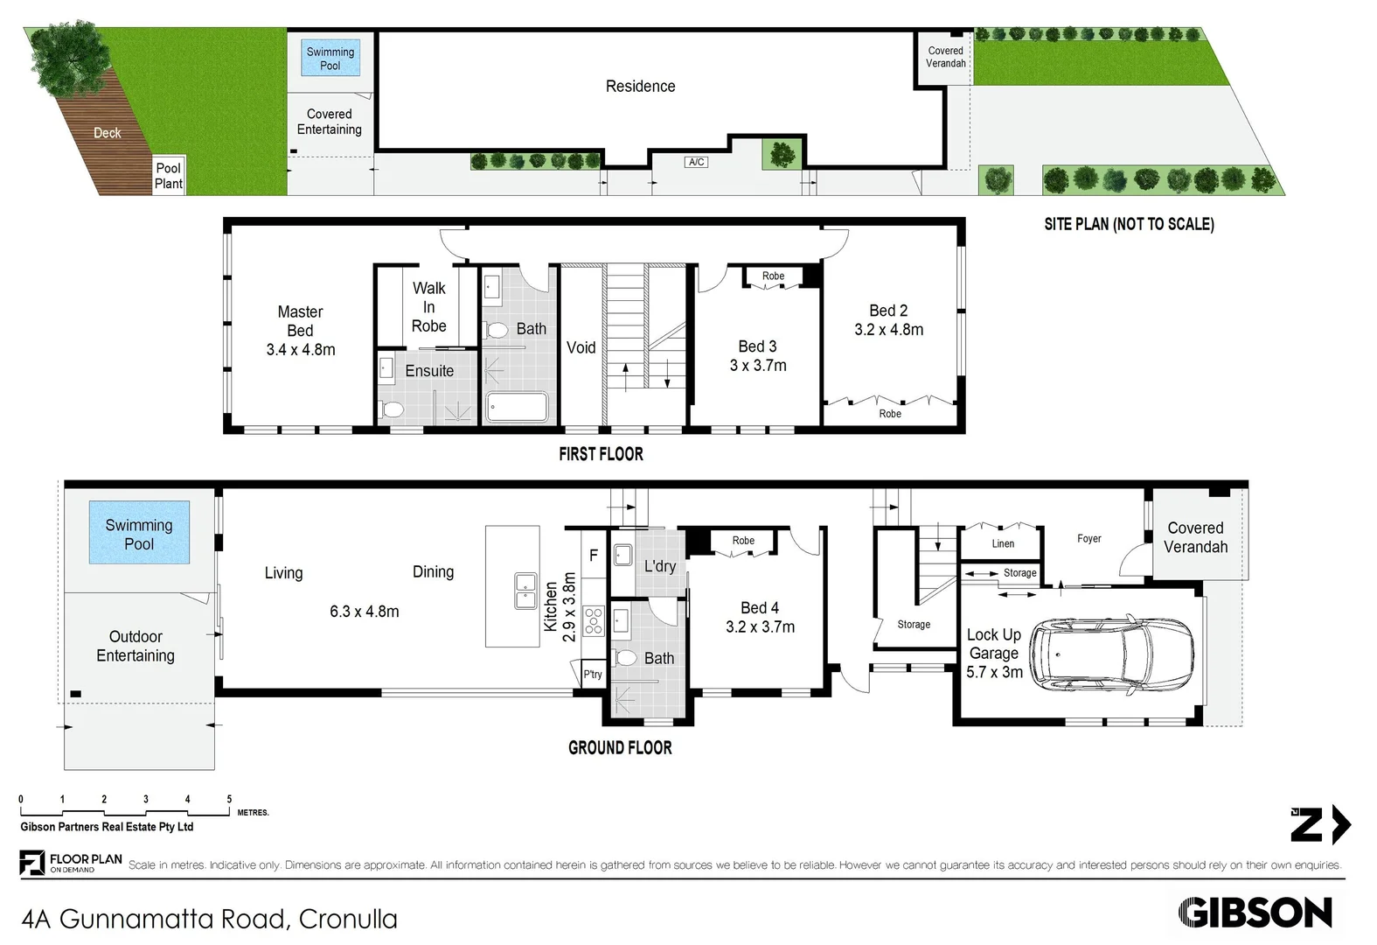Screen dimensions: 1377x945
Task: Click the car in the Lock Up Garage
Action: [1111, 654]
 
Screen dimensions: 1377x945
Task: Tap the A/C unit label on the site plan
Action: [696, 162]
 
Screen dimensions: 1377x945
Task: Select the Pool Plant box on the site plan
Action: [168, 175]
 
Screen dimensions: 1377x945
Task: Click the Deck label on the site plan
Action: [107, 133]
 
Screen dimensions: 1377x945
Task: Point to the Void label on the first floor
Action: [581, 347]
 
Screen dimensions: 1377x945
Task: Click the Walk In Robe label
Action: [429, 307]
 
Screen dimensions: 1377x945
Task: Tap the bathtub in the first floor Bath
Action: [517, 406]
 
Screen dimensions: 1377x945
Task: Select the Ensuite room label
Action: [429, 371]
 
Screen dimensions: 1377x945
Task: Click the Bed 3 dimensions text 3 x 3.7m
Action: [758, 366]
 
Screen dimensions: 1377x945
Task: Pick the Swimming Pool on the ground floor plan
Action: [139, 532]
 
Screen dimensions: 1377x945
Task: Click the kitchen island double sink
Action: [525, 591]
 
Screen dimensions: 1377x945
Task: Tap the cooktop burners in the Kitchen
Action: [594, 620]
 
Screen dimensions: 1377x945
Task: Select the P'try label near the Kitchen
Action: [593, 675]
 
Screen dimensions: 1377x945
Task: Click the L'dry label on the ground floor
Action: [659, 566]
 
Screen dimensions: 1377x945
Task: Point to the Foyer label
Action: [1088, 538]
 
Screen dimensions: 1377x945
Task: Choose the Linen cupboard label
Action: [1003, 543]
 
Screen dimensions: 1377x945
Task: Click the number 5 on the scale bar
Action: [229, 799]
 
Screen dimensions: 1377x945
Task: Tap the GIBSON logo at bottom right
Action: [1255, 913]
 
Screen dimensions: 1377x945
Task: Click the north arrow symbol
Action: [1320, 824]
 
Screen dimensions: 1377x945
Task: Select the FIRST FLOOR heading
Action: [601, 454]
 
